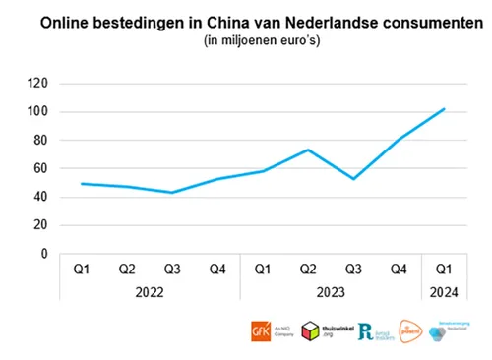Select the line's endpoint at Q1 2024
pos(444,109)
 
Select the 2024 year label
pos(444,292)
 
